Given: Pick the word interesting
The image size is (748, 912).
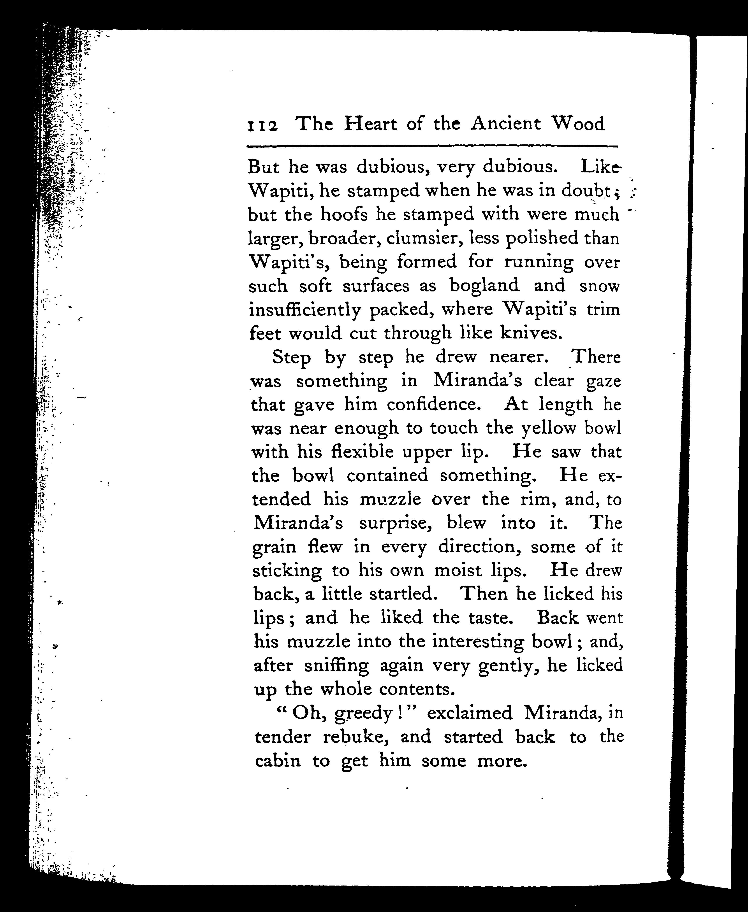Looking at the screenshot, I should point(477,642).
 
